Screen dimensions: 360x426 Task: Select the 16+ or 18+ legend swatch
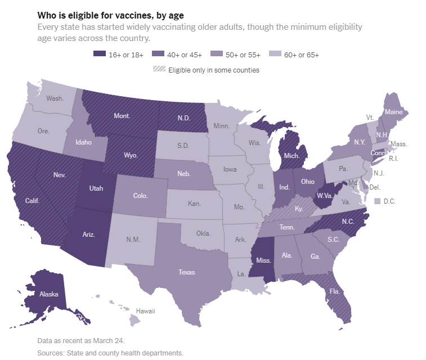pos(99,55)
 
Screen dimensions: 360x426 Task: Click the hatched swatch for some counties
pos(159,70)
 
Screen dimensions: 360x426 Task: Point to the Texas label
pos(186,272)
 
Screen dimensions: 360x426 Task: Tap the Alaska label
pos(49,294)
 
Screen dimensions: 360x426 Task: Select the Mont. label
pos(122,116)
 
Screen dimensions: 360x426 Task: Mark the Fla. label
pos(334,291)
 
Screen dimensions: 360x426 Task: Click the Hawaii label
pos(145,311)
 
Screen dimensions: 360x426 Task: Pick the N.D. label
pos(183,118)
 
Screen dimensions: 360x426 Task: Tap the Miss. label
pos(264,260)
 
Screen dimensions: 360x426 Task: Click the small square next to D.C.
pos(378,201)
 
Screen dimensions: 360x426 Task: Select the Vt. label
pos(370,117)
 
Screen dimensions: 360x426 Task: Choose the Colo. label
pos(140,196)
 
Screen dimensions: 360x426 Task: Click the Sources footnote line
pos(110,353)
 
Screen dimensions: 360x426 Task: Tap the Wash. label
pos(55,98)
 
